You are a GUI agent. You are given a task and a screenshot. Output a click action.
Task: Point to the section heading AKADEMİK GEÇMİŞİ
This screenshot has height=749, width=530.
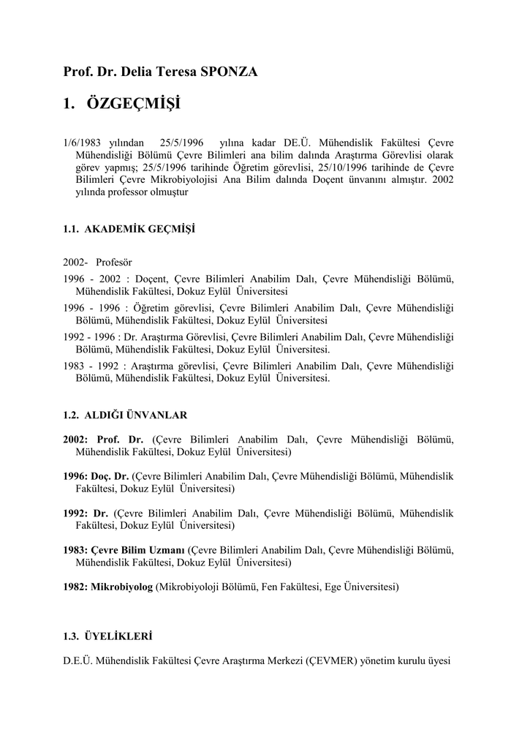coord(140,229)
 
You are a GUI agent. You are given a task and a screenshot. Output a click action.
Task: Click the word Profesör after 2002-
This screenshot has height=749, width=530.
coord(114,262)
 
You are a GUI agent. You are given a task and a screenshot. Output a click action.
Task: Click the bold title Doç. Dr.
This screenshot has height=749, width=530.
coord(110,475)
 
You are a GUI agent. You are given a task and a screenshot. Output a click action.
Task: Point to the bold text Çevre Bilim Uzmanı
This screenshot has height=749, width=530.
coord(137,550)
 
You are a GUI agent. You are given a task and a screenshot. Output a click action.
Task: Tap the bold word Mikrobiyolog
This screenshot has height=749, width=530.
coord(121,587)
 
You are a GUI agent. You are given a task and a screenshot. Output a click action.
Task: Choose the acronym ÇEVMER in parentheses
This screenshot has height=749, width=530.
coord(330,661)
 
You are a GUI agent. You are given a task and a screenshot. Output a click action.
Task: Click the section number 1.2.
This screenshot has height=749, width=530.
coord(71,415)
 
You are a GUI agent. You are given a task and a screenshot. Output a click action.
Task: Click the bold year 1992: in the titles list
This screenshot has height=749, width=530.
coord(76,513)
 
